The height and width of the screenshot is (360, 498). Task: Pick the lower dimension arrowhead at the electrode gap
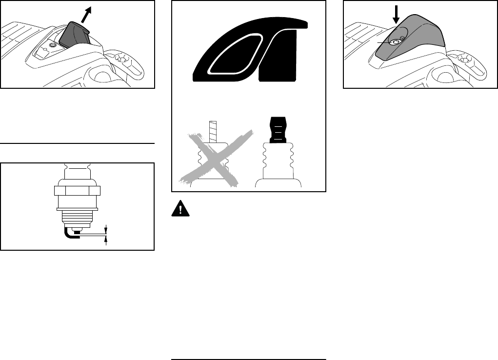click(106, 239)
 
